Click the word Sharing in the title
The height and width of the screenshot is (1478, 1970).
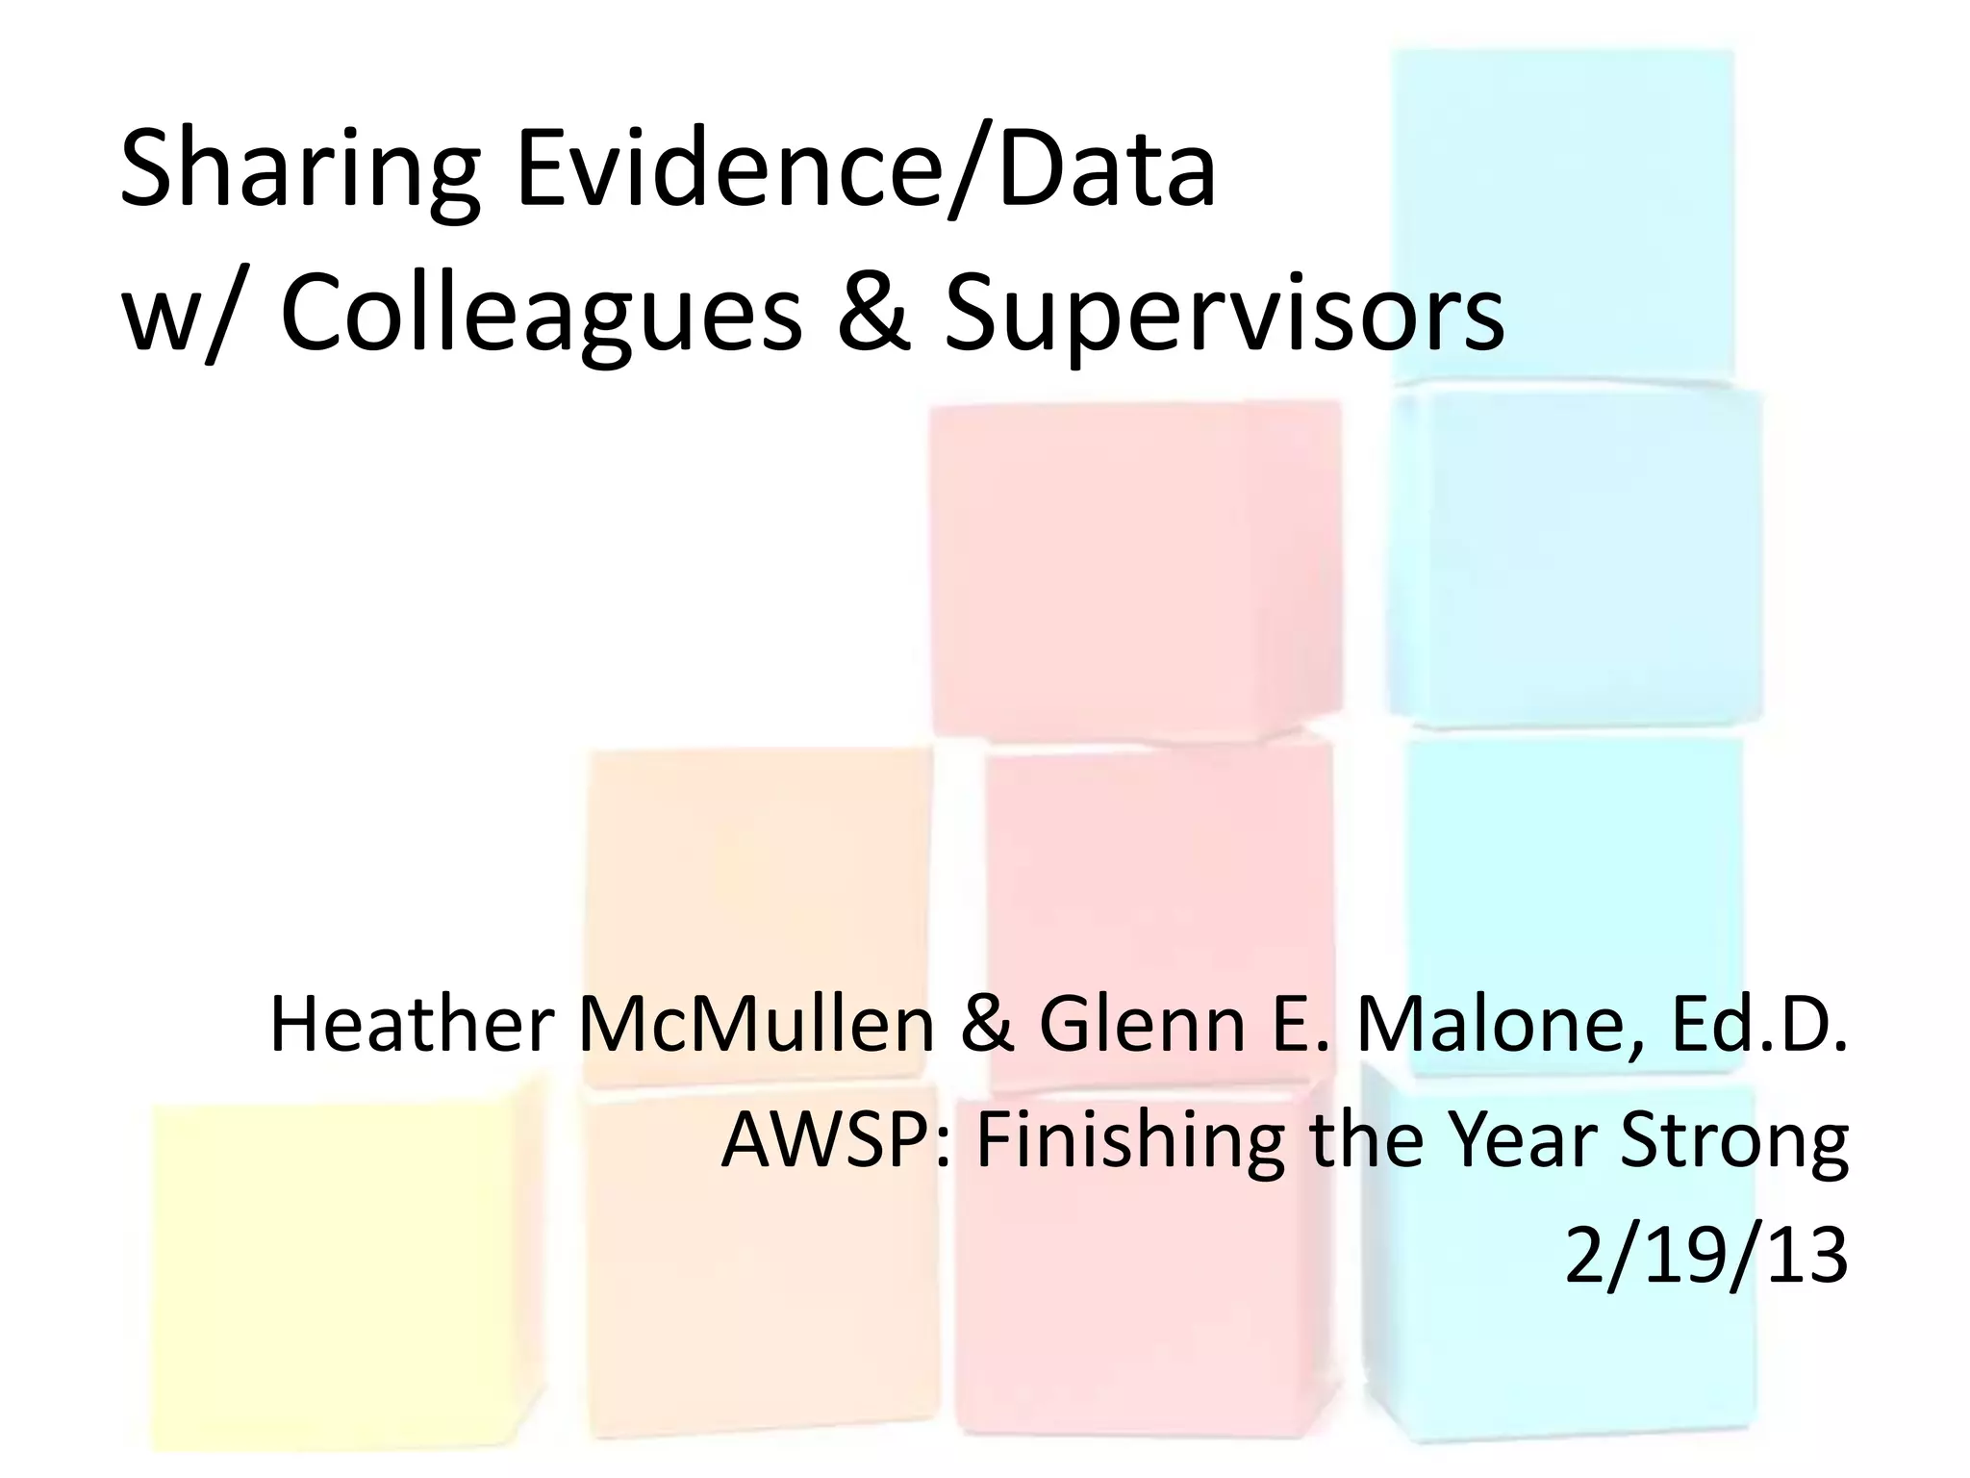298,173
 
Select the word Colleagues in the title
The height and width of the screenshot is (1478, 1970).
541,318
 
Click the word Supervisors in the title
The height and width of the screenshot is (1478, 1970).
1224,318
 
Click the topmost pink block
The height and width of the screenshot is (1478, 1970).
1135,568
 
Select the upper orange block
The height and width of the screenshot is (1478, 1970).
760,914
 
